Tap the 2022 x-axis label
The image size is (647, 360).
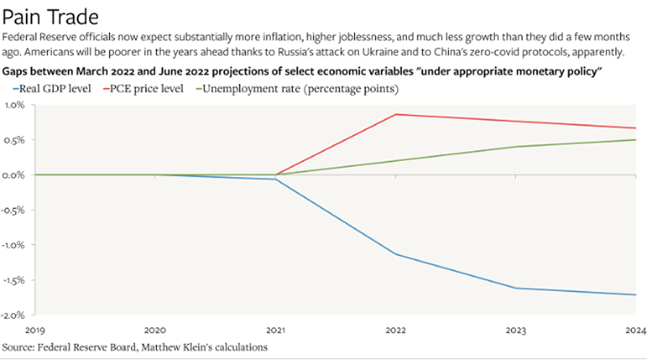point(395,330)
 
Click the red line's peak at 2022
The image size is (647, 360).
point(395,114)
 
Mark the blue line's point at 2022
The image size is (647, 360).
point(395,254)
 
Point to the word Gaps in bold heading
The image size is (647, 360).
point(18,70)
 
